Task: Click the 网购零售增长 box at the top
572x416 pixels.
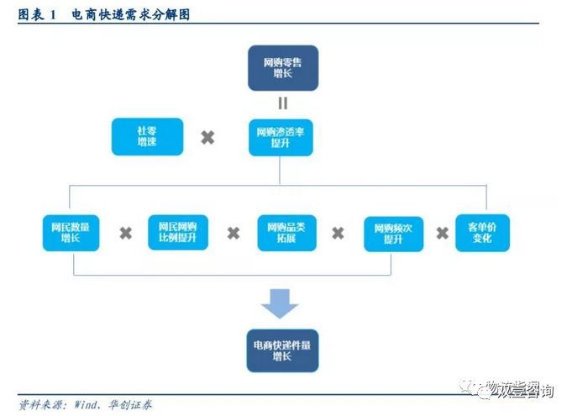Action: [282, 68]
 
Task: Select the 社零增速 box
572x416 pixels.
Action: [147, 136]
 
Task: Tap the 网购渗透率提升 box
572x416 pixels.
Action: [281, 137]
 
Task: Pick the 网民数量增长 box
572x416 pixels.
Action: [71, 232]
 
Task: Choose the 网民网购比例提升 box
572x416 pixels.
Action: [177, 232]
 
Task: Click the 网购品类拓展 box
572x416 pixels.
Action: [286, 232]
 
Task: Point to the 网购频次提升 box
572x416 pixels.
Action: [393, 233]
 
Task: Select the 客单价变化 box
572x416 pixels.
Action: [482, 232]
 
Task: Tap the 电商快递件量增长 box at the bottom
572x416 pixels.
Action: [282, 350]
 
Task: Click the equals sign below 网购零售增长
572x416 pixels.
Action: [283, 103]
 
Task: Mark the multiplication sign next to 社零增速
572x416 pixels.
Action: [207, 137]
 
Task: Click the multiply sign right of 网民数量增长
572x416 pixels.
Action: [125, 233]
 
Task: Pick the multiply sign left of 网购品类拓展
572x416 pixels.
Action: [233, 233]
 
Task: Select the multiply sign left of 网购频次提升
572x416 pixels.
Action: [338, 233]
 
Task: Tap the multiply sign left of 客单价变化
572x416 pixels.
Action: [442, 233]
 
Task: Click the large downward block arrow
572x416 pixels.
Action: [280, 303]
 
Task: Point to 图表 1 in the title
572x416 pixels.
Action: [37, 14]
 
